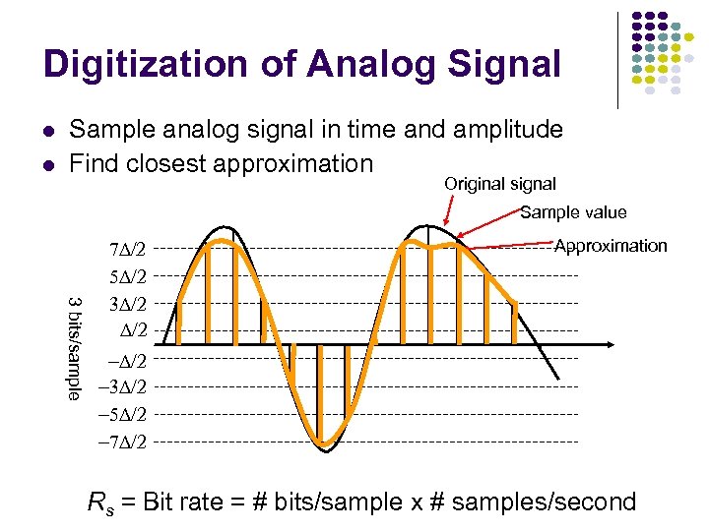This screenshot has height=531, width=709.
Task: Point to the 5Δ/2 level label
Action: point(129,275)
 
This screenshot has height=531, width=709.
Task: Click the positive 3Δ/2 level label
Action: point(129,303)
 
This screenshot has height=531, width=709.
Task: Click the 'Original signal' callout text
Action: point(499,184)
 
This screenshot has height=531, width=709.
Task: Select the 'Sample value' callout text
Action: point(572,212)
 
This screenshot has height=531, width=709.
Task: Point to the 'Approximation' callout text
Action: point(611,246)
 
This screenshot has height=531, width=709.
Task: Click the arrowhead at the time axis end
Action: point(614,344)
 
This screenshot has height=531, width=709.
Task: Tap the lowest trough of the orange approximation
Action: point(322,444)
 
